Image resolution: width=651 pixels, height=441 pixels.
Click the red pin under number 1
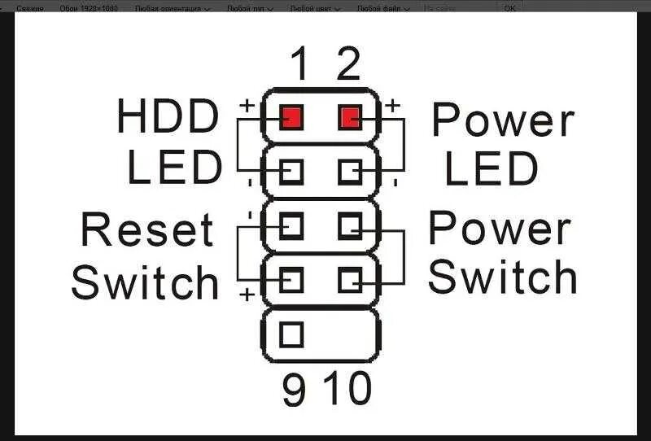(x=291, y=119)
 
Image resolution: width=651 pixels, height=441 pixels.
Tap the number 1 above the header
(x=299, y=63)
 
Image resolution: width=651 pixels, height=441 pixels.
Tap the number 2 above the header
(x=348, y=63)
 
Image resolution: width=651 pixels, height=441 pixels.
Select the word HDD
(x=168, y=116)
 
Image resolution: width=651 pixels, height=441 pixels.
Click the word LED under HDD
(x=174, y=168)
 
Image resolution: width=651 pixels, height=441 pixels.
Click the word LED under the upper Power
(x=492, y=169)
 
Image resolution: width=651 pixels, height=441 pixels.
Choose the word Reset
(x=147, y=230)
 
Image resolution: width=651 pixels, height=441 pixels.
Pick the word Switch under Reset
(x=146, y=282)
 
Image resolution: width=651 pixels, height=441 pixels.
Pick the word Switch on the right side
(x=502, y=277)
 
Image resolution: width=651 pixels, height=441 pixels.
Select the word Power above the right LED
(x=502, y=120)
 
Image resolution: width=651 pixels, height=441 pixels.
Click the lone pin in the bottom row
(x=291, y=334)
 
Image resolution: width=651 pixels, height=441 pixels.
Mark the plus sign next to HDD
(x=246, y=106)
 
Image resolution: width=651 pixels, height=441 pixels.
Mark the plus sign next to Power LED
(x=391, y=105)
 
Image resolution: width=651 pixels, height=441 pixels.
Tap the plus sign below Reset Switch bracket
(x=247, y=295)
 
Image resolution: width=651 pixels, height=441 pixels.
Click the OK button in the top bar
(x=509, y=7)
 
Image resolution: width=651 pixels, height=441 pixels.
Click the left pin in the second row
(x=291, y=171)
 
